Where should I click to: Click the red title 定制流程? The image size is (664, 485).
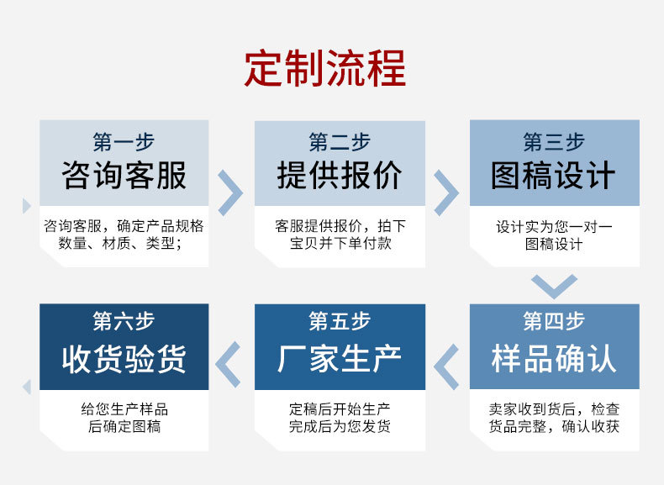tap(325, 69)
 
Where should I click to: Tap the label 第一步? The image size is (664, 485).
tap(124, 141)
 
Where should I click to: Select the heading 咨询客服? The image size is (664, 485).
tap(124, 177)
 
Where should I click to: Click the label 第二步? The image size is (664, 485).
tap(340, 141)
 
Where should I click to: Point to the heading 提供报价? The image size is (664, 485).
tap(340, 177)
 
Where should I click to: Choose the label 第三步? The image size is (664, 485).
tap(554, 141)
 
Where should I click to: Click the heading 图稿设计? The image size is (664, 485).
tap(554, 177)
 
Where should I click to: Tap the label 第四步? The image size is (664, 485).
tap(554, 321)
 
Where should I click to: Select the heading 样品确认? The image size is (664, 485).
tap(554, 359)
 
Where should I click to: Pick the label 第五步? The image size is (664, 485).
tap(340, 321)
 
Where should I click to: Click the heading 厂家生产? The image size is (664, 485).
tap(340, 359)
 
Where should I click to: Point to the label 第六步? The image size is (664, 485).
tap(124, 321)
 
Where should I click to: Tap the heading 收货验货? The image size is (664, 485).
tap(124, 359)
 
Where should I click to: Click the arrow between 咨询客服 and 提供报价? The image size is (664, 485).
tap(230, 192)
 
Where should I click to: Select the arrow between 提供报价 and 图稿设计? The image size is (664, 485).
tap(445, 192)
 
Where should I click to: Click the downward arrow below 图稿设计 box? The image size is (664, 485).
tap(554, 286)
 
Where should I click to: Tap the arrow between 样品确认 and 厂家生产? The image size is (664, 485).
tap(446, 366)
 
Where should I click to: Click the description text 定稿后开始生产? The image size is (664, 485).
tap(340, 409)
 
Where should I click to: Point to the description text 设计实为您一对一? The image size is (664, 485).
tap(554, 227)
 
